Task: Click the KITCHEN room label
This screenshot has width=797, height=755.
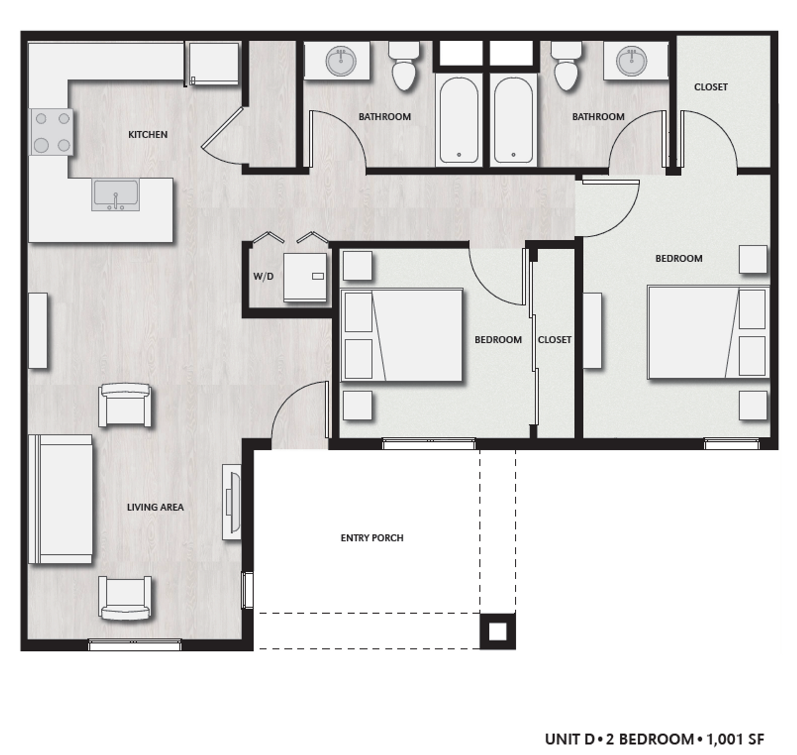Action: tap(147, 134)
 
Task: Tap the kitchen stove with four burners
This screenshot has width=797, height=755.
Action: tap(52, 132)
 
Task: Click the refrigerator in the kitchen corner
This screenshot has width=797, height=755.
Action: tap(214, 64)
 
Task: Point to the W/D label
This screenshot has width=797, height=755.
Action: tap(263, 276)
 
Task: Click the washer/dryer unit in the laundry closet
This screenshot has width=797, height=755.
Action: tap(305, 277)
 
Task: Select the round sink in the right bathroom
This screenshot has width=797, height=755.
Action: tap(632, 61)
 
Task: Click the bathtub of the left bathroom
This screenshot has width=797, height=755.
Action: tap(459, 120)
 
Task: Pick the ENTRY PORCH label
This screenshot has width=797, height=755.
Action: tap(372, 538)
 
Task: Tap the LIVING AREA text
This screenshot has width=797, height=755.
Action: tap(155, 507)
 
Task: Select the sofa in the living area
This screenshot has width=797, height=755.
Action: tap(61, 499)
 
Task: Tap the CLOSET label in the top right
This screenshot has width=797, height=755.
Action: tap(711, 87)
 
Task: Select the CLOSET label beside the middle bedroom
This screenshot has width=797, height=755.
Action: tap(554, 339)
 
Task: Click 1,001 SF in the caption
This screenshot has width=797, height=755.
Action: tap(735, 739)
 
